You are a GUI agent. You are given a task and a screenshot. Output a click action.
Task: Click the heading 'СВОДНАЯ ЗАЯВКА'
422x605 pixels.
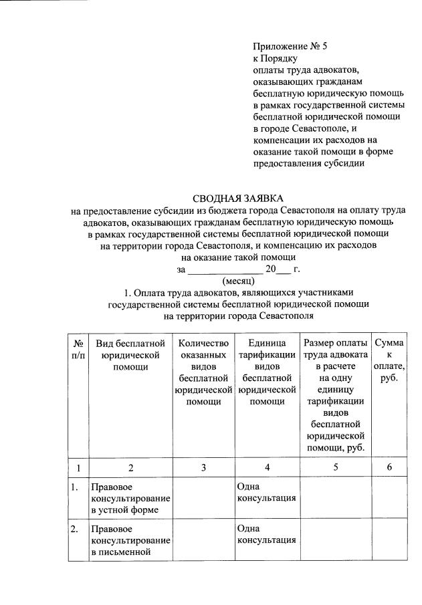pyautogui.click(x=238, y=199)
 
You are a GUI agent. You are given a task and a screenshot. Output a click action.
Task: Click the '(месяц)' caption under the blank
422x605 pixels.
pyautogui.click(x=238, y=281)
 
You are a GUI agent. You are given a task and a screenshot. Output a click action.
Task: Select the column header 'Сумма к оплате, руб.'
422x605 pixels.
pyautogui.click(x=389, y=360)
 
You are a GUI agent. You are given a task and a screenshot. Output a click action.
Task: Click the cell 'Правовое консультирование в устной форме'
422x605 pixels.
pyautogui.click(x=130, y=499)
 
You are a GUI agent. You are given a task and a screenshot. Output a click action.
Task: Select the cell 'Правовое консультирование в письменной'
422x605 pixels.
pyautogui.click(x=130, y=541)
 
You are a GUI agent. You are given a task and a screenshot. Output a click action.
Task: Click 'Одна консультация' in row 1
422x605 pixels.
pyautogui.click(x=267, y=493)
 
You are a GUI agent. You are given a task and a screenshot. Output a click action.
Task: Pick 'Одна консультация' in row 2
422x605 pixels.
pyautogui.click(x=267, y=534)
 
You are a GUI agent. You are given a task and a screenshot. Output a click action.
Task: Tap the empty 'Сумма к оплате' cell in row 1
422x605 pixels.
pyautogui.click(x=389, y=499)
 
